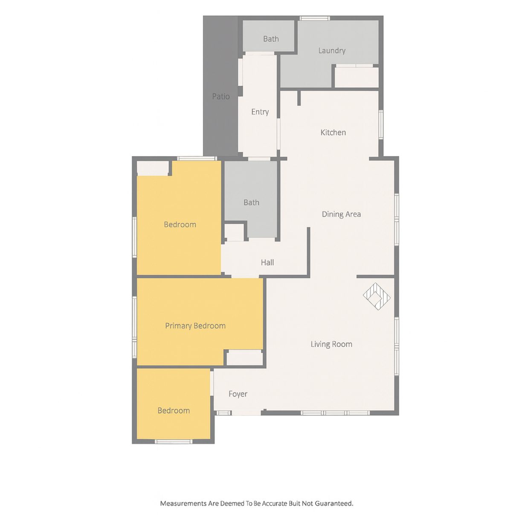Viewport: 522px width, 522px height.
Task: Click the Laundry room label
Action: click(332, 51)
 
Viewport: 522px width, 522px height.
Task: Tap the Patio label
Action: click(221, 97)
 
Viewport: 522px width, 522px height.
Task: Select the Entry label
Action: click(260, 112)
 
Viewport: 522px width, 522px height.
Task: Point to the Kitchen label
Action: click(333, 133)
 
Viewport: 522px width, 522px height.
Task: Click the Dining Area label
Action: click(341, 215)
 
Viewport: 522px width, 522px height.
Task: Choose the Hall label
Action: click(267, 263)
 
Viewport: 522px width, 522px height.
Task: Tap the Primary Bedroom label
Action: click(195, 326)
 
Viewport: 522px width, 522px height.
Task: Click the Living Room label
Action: click(331, 344)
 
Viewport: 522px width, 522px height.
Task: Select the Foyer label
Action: click(238, 394)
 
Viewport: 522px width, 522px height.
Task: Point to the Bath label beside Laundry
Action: click(271, 39)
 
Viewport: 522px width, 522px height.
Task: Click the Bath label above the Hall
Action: click(251, 203)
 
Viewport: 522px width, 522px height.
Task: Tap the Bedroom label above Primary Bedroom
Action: click(180, 225)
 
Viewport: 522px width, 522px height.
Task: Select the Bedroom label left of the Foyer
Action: click(174, 411)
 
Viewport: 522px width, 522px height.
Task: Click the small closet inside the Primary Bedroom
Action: click(244, 358)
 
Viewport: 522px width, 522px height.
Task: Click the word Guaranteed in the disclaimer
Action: click(334, 504)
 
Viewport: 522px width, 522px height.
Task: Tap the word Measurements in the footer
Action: click(183, 504)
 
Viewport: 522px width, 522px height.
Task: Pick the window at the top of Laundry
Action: click(315, 18)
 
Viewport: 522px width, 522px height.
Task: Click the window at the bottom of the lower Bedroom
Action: click(174, 441)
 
